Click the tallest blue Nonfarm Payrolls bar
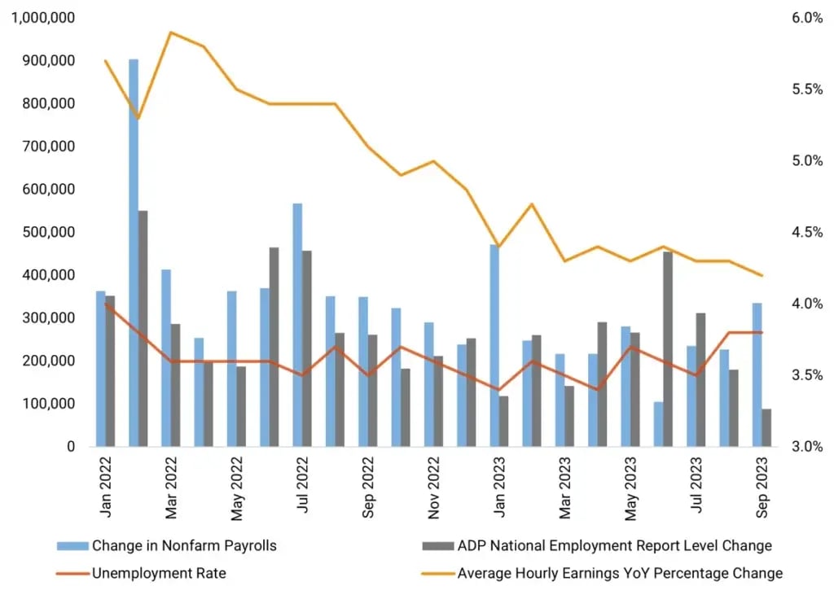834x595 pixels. (134, 252)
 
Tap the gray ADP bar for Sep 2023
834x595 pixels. (766, 427)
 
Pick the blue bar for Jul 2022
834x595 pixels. (297, 325)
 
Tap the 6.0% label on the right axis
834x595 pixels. (807, 18)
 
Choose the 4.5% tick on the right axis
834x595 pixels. (807, 232)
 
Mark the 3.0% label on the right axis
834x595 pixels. (807, 447)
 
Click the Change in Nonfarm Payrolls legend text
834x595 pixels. (184, 545)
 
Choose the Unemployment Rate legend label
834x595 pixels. (159, 573)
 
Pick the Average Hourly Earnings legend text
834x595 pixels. (620, 573)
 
